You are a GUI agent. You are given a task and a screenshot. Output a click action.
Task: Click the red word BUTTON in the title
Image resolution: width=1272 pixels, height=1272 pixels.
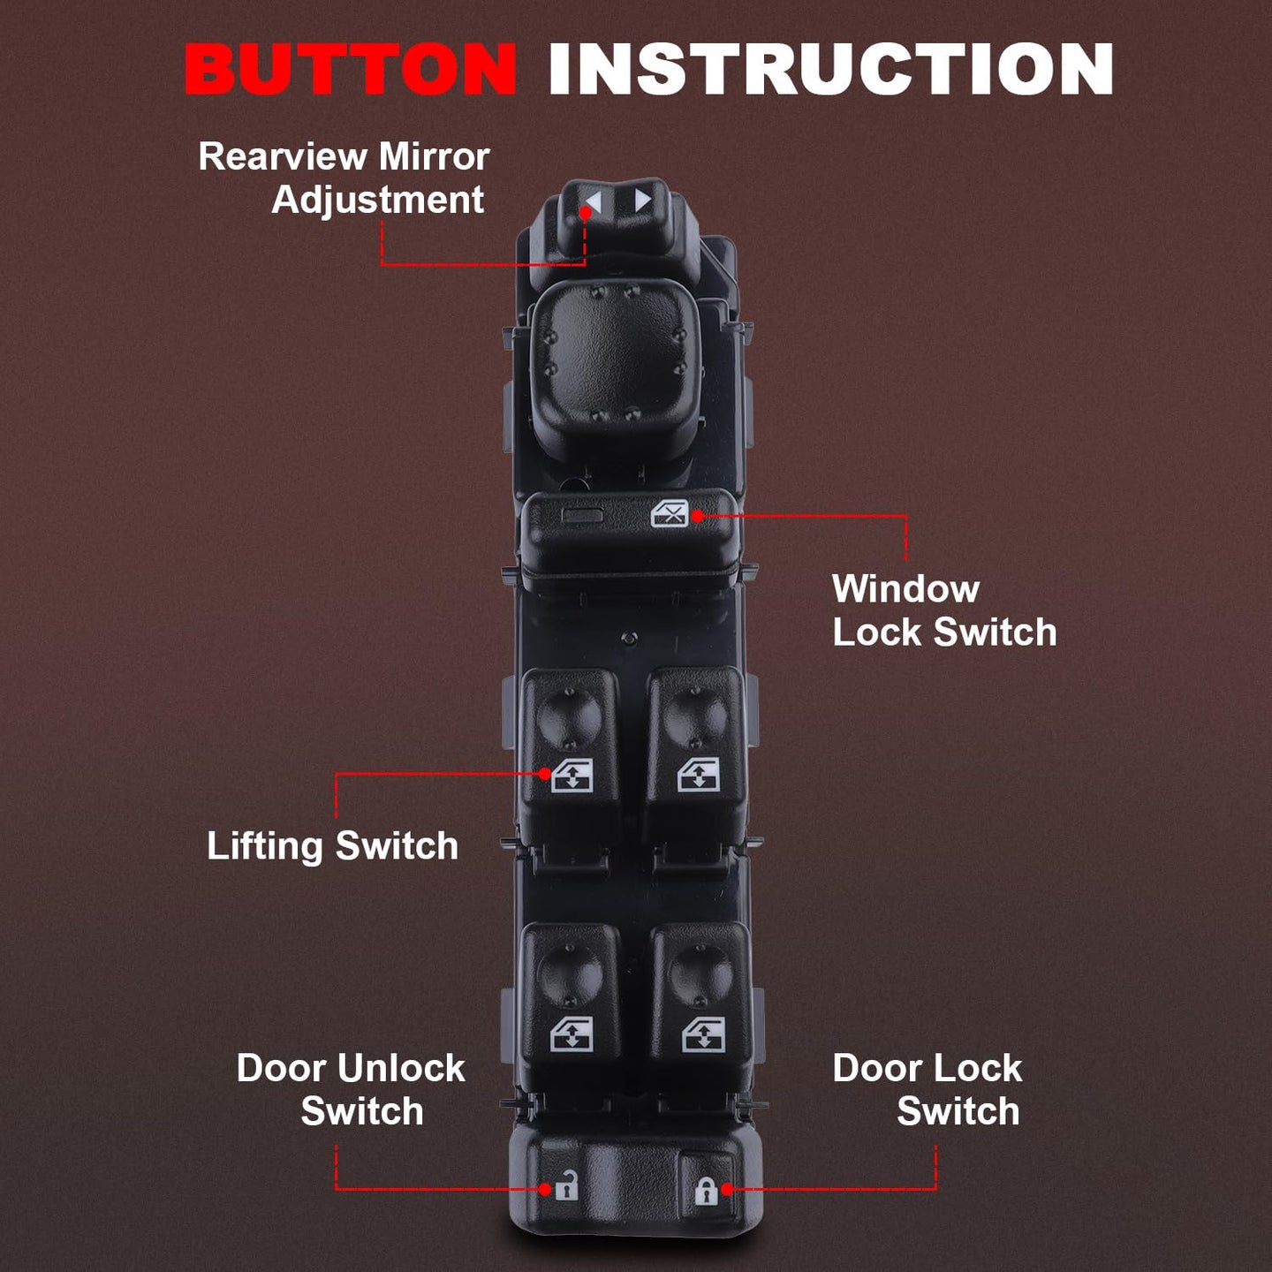[350, 69]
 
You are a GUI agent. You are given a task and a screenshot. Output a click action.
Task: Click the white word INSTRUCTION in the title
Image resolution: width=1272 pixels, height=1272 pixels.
[831, 69]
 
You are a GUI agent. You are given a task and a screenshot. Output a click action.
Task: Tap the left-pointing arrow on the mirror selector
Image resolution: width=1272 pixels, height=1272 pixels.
[594, 202]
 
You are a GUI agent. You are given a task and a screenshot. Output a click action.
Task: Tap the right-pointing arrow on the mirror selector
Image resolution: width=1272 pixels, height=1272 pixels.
[642, 201]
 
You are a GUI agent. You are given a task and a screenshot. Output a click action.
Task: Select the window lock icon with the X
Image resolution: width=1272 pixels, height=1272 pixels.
[670, 513]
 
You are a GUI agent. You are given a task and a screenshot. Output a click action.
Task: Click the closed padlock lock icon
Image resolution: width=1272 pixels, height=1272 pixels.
[706, 1190]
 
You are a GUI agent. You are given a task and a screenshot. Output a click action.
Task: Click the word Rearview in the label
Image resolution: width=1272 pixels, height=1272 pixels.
[284, 157]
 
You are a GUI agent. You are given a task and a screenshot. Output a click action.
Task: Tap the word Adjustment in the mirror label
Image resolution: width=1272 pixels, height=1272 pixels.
[378, 200]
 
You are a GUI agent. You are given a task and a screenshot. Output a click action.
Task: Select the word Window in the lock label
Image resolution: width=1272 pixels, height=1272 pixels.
[905, 588]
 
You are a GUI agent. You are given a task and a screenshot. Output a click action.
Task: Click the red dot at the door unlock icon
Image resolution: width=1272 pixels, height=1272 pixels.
[545, 1189]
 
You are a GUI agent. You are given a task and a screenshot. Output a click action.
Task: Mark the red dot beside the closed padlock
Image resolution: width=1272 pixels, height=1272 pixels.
[727, 1189]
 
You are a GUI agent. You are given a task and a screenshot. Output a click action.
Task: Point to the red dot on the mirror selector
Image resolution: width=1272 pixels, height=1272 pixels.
[585, 213]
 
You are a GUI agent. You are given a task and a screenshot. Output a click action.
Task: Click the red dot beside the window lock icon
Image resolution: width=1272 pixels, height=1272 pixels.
[697, 516]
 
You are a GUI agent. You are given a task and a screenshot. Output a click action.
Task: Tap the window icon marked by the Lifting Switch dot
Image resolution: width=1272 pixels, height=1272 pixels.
[572, 776]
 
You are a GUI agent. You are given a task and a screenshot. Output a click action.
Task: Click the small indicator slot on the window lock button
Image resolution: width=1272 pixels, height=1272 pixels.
[581, 515]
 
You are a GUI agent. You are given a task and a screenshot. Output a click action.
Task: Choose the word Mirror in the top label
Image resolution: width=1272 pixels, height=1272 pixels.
[434, 157]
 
